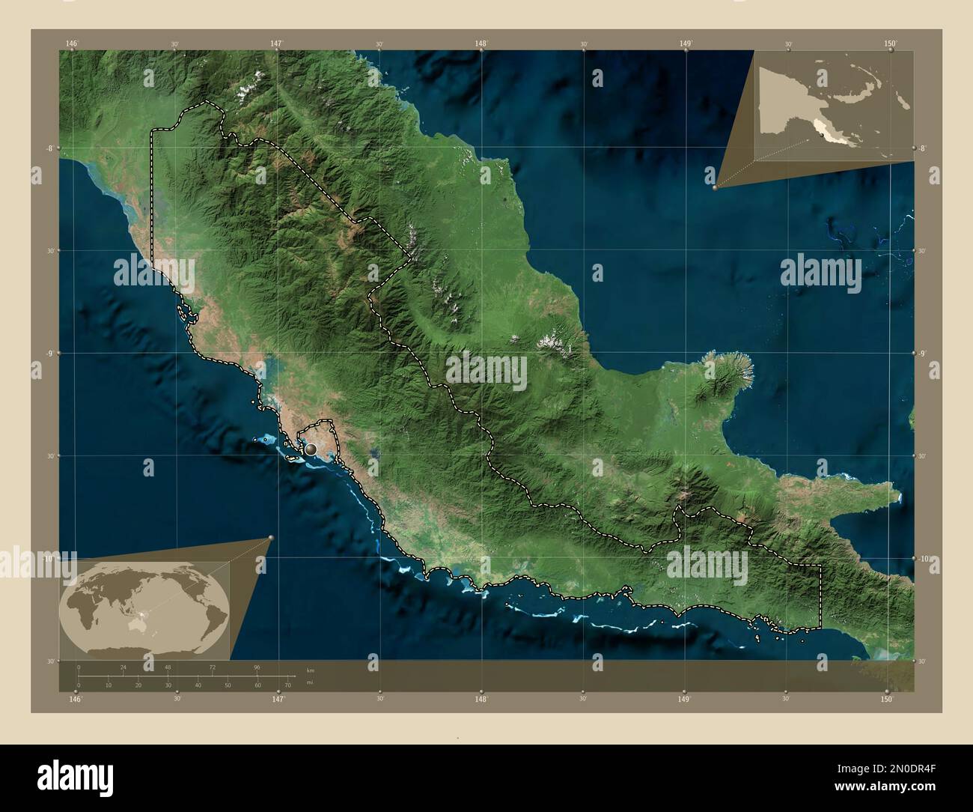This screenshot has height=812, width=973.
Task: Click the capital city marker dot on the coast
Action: pyautogui.click(x=311, y=449)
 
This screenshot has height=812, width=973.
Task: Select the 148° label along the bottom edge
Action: pyautogui.click(x=481, y=699)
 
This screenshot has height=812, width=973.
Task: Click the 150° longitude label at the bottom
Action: pyautogui.click(x=887, y=699)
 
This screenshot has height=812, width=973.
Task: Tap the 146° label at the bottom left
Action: pyautogui.click(x=75, y=699)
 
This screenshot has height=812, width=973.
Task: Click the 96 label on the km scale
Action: pyautogui.click(x=257, y=667)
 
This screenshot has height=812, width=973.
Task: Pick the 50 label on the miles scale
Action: pyautogui.click(x=228, y=685)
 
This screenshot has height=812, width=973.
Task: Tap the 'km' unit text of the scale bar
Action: pyautogui.click(x=310, y=669)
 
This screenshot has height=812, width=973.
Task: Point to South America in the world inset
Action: pyautogui.click(x=213, y=616)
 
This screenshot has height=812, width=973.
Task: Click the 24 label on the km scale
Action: pyautogui.click(x=123, y=667)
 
